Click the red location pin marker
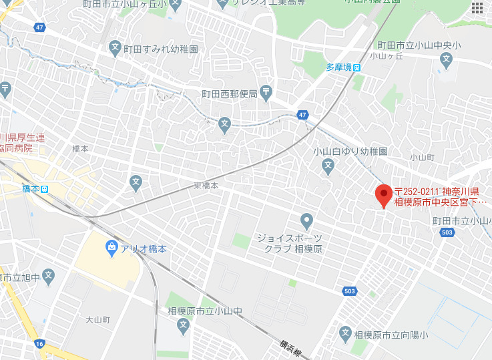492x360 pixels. pyautogui.click(x=383, y=194)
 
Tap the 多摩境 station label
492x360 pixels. pyautogui.click(x=338, y=67)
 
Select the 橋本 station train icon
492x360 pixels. pyautogui.click(x=45, y=189)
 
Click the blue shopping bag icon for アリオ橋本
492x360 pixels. pyautogui.click(x=112, y=248)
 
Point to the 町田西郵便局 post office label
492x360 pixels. pyautogui.click(x=229, y=94)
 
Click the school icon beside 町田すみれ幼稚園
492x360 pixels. pyautogui.click(x=115, y=49)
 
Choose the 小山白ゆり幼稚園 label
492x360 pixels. pyautogui.click(x=350, y=152)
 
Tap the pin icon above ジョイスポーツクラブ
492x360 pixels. pyautogui.click(x=306, y=220)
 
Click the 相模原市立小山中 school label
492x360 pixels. pyautogui.click(x=204, y=311)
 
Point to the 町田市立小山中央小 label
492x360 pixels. pyautogui.click(x=419, y=45)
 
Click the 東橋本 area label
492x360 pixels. pyautogui.click(x=206, y=185)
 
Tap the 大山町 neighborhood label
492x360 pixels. pyautogui.click(x=97, y=319)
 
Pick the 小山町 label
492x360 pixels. pyautogui.click(x=422, y=158)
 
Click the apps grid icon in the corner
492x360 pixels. pyautogui.click(x=478, y=7)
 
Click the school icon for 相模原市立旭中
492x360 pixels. pyautogui.click(x=49, y=274)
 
